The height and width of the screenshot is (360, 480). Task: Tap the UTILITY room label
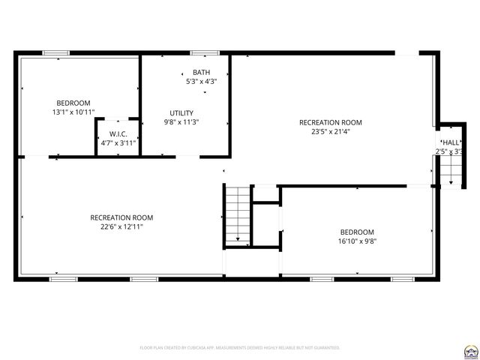tap(181, 113)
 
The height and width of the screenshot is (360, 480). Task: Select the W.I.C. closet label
tap(118, 134)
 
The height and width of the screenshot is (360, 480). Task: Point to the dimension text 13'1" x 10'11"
tap(73, 112)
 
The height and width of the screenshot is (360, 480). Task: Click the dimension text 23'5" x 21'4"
tap(330, 131)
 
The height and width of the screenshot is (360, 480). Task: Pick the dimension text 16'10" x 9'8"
tap(356, 241)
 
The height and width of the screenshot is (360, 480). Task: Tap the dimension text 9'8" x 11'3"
tap(181, 122)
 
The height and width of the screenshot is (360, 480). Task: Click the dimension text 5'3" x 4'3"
tap(201, 81)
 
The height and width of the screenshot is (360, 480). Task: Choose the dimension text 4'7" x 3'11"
tap(118, 142)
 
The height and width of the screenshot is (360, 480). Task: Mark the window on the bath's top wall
tap(204, 52)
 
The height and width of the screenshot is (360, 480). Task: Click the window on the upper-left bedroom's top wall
tap(55, 52)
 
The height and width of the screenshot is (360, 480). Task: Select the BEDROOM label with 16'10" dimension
tap(356, 232)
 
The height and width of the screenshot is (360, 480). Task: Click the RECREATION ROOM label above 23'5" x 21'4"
tap(330, 122)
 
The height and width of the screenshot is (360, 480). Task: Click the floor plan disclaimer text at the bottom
tap(240, 347)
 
